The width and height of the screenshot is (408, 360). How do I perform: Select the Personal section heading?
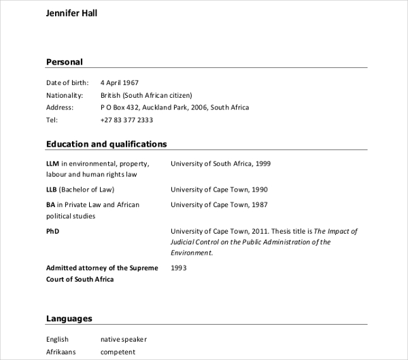64,62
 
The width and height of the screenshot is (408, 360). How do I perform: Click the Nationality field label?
65,95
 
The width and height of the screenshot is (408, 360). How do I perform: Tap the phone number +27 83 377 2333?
126,120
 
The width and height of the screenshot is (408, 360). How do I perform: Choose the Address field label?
60,107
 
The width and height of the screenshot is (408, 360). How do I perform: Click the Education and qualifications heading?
106,144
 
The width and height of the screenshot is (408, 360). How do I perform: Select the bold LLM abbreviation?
53,164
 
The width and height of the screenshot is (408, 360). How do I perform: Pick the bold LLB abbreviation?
52,190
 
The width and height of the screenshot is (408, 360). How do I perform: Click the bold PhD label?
53,231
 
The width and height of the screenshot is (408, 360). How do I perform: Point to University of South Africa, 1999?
220,164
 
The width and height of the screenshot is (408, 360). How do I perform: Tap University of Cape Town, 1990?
219,190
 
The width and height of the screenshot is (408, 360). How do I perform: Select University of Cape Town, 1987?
219,204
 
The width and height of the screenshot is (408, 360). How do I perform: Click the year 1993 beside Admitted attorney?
178,268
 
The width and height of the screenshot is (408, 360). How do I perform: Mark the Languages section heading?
69,318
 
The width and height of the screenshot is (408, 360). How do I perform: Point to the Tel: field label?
52,120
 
